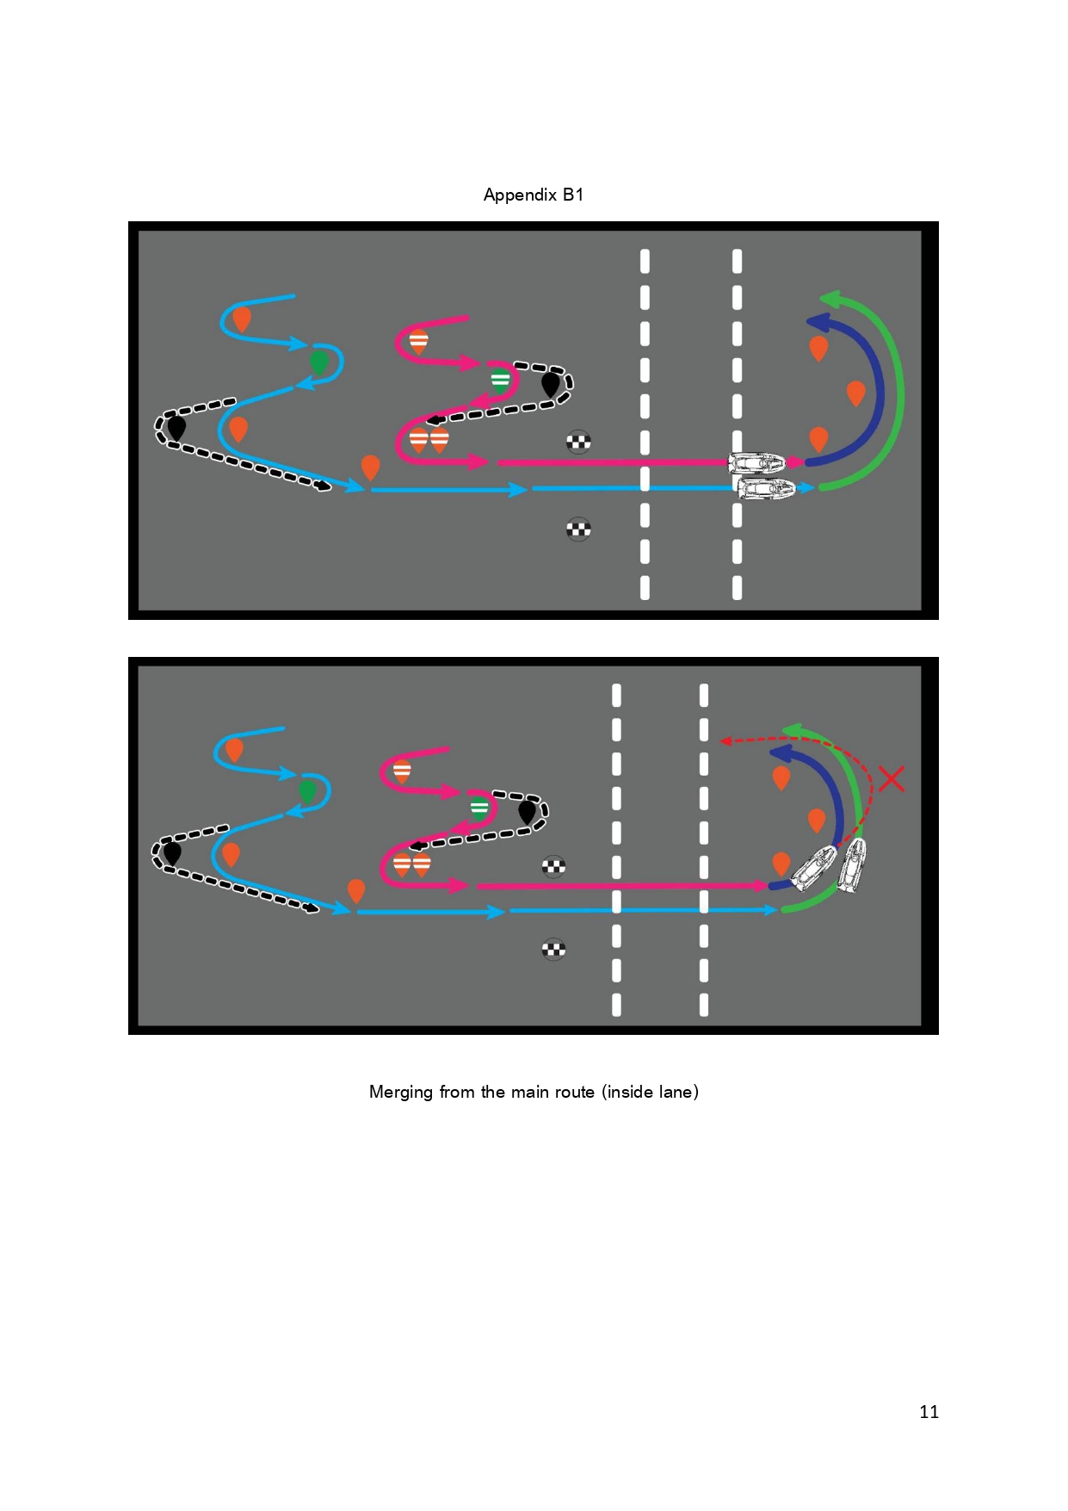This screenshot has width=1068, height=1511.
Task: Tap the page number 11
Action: [x=929, y=1411]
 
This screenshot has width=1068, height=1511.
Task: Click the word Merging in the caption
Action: [x=401, y=1092]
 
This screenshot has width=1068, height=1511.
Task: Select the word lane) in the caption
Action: [x=678, y=1092]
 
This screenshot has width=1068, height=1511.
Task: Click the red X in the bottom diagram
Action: [x=892, y=778]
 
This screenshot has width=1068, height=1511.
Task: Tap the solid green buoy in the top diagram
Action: [x=318, y=362]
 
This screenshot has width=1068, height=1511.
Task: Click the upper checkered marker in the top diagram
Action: [x=578, y=443]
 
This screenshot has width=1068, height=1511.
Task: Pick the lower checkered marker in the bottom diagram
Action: [x=553, y=950]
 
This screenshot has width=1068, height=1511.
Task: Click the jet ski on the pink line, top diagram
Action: [x=756, y=463]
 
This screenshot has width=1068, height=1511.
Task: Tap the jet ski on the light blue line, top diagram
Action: [x=766, y=489]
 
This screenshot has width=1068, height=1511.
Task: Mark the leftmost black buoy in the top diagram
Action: [x=176, y=427]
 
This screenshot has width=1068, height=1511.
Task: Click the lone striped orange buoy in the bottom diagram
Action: [x=402, y=771]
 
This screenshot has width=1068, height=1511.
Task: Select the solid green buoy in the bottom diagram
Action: [x=307, y=790]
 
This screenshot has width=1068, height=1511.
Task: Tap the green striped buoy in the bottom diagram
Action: [x=479, y=808]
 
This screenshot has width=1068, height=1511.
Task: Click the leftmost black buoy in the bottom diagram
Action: [x=172, y=852]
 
